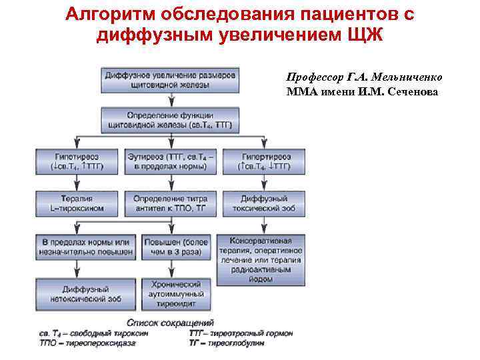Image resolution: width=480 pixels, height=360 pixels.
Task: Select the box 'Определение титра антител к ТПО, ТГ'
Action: pyautogui.click(x=175, y=203)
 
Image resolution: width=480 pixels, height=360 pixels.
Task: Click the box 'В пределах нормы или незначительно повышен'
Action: pyautogui.click(x=86, y=247)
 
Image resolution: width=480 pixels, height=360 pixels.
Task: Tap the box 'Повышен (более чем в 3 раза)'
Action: pyautogui.click(x=175, y=247)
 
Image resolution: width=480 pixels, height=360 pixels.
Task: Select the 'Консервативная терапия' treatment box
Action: pyautogui.click(x=265, y=259)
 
